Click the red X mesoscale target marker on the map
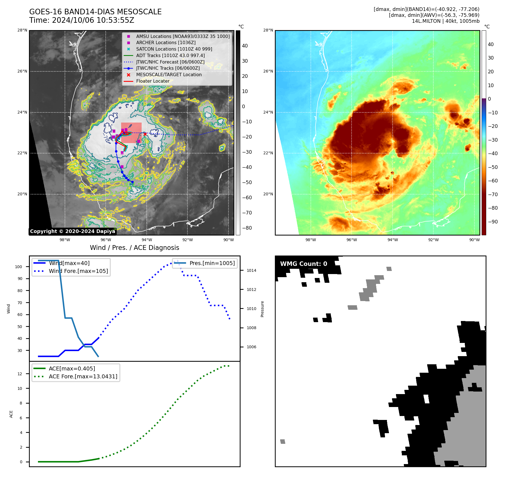[x=145, y=134]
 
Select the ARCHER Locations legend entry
[x=166, y=43]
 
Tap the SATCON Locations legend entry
[x=174, y=49]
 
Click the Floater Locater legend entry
[x=153, y=81]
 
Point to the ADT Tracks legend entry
[x=170, y=56]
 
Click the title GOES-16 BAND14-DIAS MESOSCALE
[x=95, y=12]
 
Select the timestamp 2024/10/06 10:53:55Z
[x=93, y=21]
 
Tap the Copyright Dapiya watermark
[x=73, y=231]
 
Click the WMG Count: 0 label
[x=304, y=264]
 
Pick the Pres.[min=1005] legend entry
[x=212, y=263]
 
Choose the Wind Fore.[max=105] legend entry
[x=78, y=271]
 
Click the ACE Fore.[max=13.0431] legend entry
[x=83, y=376]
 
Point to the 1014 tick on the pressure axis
[x=252, y=271]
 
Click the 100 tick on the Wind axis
[x=19, y=267]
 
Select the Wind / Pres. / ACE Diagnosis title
[x=134, y=248]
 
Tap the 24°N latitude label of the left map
[x=22, y=112]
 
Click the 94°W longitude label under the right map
[x=392, y=240]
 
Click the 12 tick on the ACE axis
[x=20, y=374]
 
